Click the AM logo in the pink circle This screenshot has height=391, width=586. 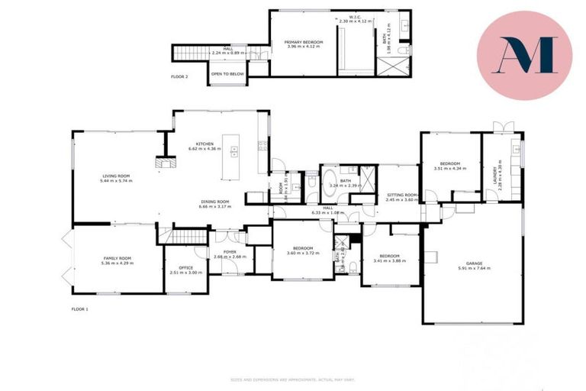524,55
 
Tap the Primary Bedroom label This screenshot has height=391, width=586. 304,41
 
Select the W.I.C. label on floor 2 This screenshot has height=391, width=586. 355,17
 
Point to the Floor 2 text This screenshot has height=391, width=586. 179,76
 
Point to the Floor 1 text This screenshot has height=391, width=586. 80,308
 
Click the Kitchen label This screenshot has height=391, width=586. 204,144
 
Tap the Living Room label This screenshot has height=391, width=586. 116,176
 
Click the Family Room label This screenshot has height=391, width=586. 117,259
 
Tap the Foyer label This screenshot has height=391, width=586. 229,252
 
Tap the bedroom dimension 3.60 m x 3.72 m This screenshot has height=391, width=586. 303,253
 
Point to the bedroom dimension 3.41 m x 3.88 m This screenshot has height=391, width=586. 390,260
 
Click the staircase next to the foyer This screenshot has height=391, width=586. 183,236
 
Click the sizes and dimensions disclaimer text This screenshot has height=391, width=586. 293,380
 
